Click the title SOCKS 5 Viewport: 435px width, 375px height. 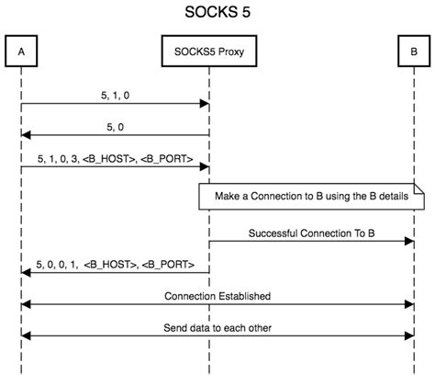click(217, 14)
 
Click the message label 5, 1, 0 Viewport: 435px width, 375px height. click(115, 93)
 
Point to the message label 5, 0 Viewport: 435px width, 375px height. click(115, 127)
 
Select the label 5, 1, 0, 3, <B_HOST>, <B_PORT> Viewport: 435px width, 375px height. click(116, 158)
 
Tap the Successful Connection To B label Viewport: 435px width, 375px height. click(310, 233)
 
